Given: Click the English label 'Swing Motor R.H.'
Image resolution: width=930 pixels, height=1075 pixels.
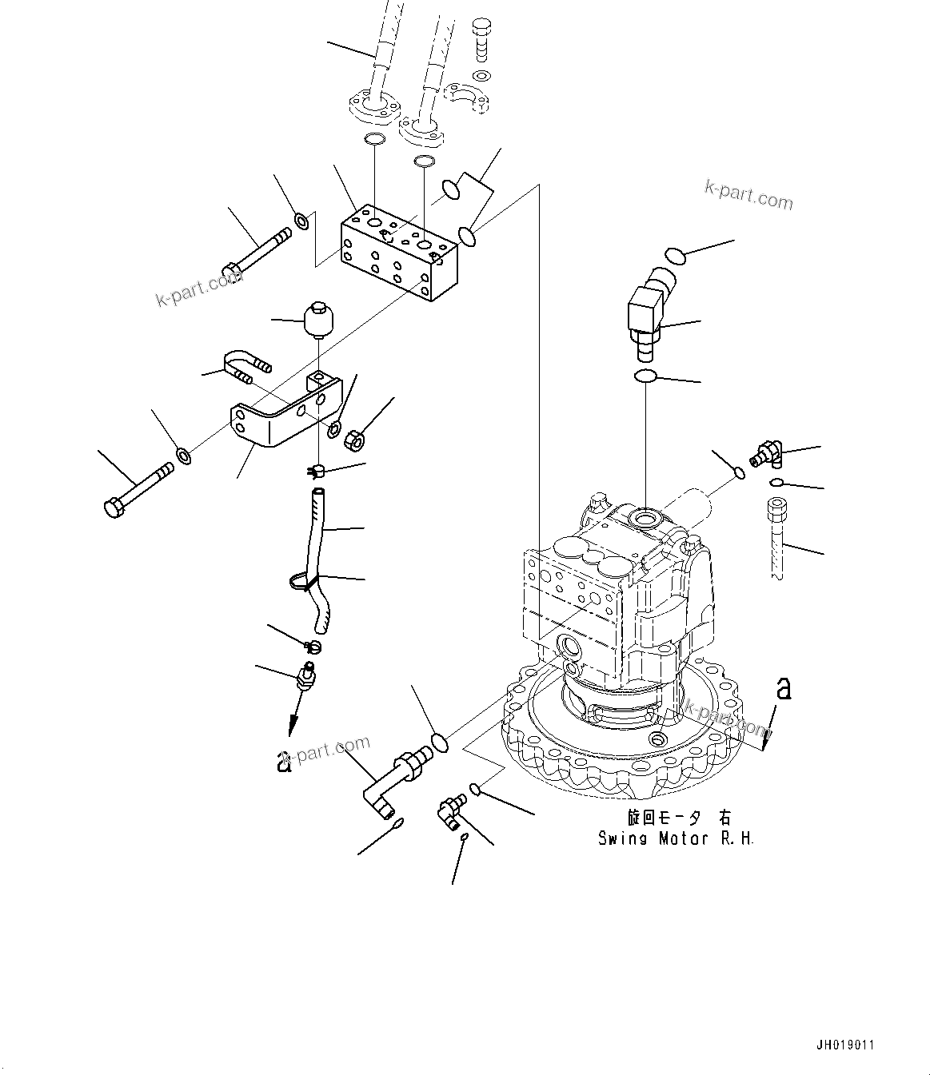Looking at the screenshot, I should click(676, 838).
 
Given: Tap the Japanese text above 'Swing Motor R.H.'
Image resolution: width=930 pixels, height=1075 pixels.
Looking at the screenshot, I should click(678, 818).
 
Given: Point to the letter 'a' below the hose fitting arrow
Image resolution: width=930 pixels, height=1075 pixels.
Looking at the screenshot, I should click(282, 761).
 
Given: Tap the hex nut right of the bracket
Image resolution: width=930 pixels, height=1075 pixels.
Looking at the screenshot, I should click(354, 439).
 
